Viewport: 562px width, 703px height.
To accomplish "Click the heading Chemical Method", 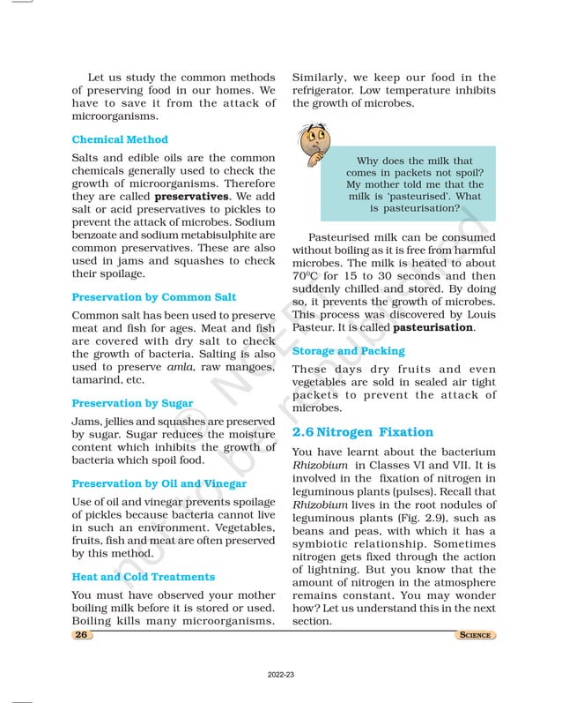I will pyautogui.click(x=120, y=139).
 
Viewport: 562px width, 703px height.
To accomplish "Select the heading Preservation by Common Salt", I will pyautogui.click(x=153, y=297).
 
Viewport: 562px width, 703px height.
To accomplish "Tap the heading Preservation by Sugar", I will pyautogui.click(x=132, y=403).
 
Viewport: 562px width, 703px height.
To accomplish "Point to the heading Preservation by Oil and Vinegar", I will pyautogui.click(x=159, y=483).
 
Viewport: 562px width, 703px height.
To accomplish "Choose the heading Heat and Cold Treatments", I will pyautogui.click(x=143, y=577).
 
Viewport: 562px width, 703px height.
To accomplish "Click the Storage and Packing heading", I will pyautogui.click(x=349, y=351).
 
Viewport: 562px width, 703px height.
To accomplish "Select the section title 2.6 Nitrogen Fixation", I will pyautogui.click(x=362, y=432).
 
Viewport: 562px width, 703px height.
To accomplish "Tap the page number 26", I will pyautogui.click(x=81, y=635).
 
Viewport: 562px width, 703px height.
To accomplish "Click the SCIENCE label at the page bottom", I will pyautogui.click(x=475, y=635).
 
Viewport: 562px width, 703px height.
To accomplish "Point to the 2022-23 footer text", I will pyautogui.click(x=281, y=674).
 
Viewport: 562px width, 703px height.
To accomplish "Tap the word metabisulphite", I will pyautogui.click(x=212, y=236).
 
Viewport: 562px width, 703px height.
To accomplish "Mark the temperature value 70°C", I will pyautogui.click(x=305, y=275).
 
